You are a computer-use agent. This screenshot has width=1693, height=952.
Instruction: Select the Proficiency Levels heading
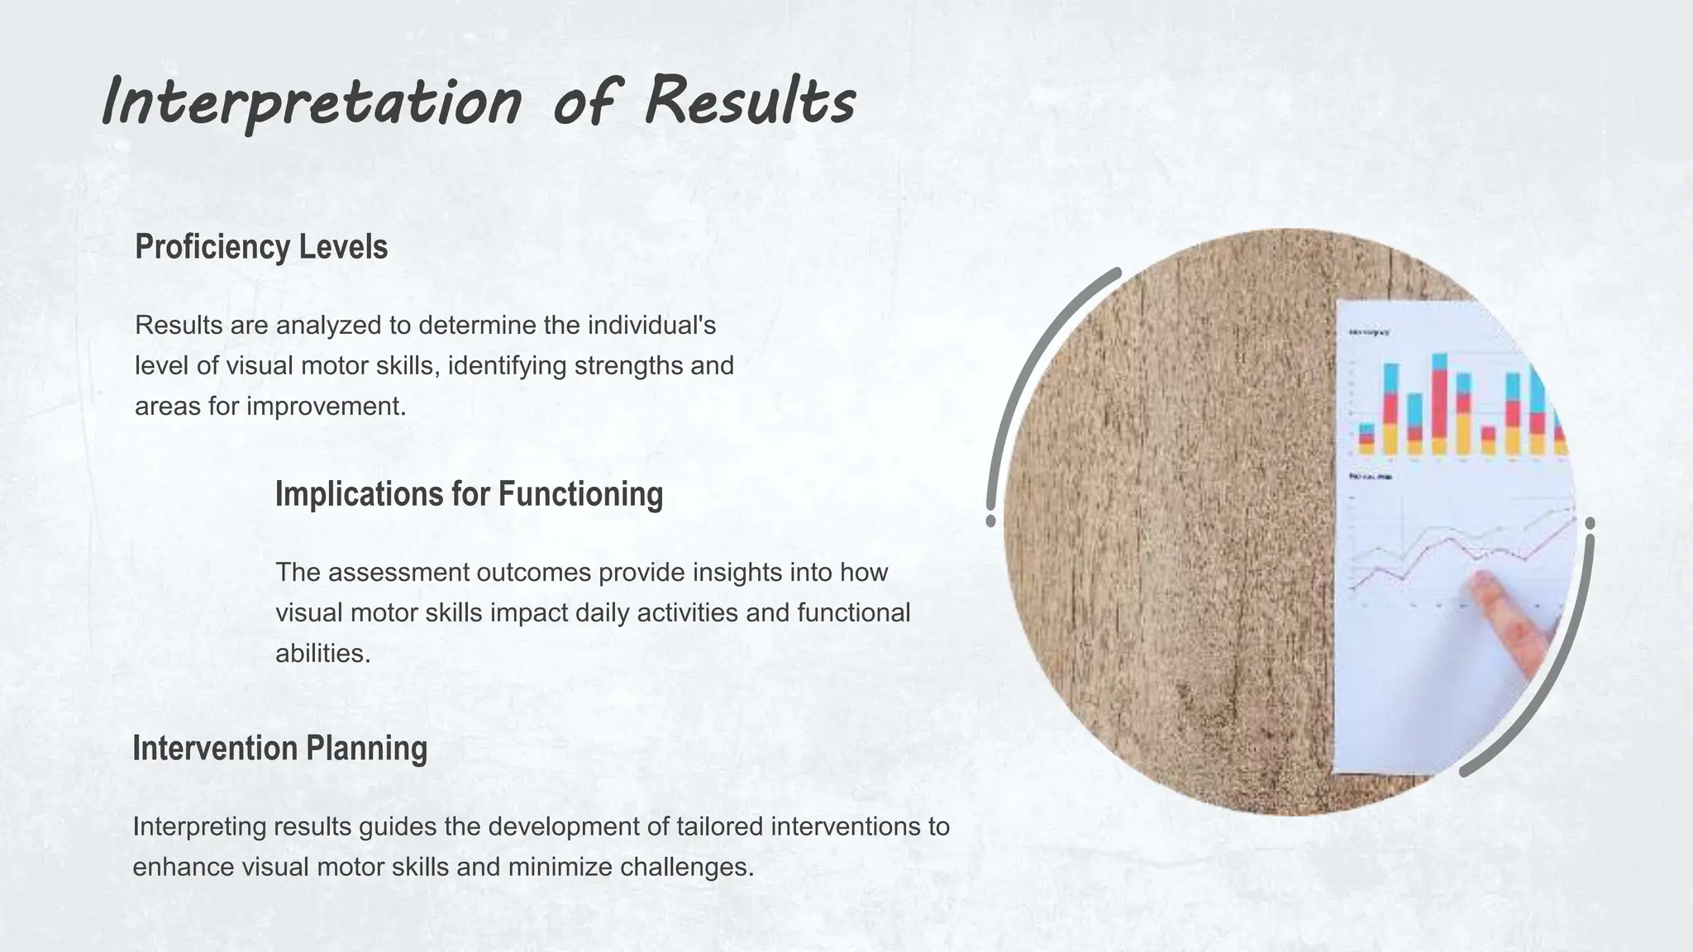(261, 247)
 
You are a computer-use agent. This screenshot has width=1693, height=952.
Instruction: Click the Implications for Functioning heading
(469, 494)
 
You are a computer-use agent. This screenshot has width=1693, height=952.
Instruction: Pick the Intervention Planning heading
(279, 748)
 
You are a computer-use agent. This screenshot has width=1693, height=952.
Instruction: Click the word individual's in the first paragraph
(651, 325)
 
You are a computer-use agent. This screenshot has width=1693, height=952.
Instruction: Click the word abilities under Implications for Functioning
(322, 653)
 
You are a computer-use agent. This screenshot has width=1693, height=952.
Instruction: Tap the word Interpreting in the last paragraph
(199, 826)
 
